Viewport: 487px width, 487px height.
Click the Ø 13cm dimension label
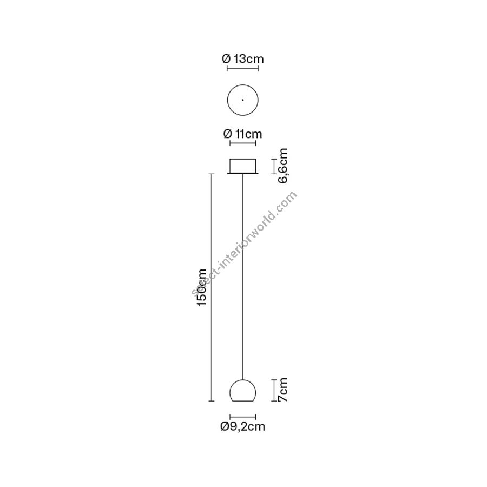243,58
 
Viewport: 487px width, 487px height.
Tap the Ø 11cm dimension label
243,134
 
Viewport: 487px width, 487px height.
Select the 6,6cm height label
283,166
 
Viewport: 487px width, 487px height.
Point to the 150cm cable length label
202,287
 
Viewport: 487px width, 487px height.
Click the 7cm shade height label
283,390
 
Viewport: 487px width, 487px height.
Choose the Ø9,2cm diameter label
243,426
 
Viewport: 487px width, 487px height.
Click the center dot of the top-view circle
242,100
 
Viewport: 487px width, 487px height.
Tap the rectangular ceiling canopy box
242,166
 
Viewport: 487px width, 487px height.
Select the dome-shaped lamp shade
242,390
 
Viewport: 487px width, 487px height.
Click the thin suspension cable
242,277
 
